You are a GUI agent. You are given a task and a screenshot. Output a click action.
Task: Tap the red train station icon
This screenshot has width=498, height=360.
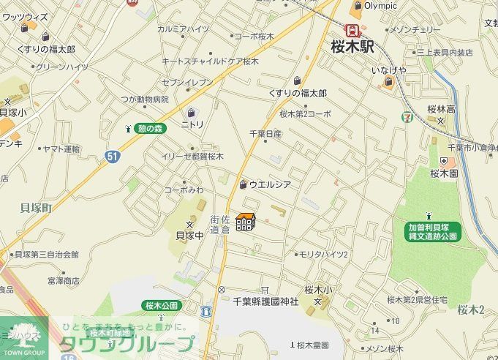point(353,31)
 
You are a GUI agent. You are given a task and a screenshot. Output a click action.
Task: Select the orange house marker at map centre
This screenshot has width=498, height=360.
point(246,221)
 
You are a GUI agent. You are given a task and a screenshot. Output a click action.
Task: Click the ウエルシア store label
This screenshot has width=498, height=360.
point(270,185)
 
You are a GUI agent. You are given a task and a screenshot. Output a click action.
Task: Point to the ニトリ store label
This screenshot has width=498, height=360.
point(192,124)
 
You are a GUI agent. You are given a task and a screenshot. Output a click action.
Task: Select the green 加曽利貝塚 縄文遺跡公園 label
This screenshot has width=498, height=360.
point(433,232)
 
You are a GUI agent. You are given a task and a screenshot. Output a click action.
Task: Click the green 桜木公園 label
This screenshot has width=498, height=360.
point(161,304)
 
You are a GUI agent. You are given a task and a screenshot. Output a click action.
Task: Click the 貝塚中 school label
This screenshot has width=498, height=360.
point(189,235)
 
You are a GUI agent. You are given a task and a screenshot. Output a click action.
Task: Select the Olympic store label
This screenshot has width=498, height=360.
point(380,6)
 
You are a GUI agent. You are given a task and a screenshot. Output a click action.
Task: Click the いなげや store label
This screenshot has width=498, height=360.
point(388,70)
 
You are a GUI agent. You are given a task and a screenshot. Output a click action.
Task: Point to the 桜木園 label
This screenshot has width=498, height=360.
point(444,173)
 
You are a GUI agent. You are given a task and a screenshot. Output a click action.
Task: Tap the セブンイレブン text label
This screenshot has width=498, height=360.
point(187,82)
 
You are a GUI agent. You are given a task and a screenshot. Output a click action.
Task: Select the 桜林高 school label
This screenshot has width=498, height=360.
point(441,110)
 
